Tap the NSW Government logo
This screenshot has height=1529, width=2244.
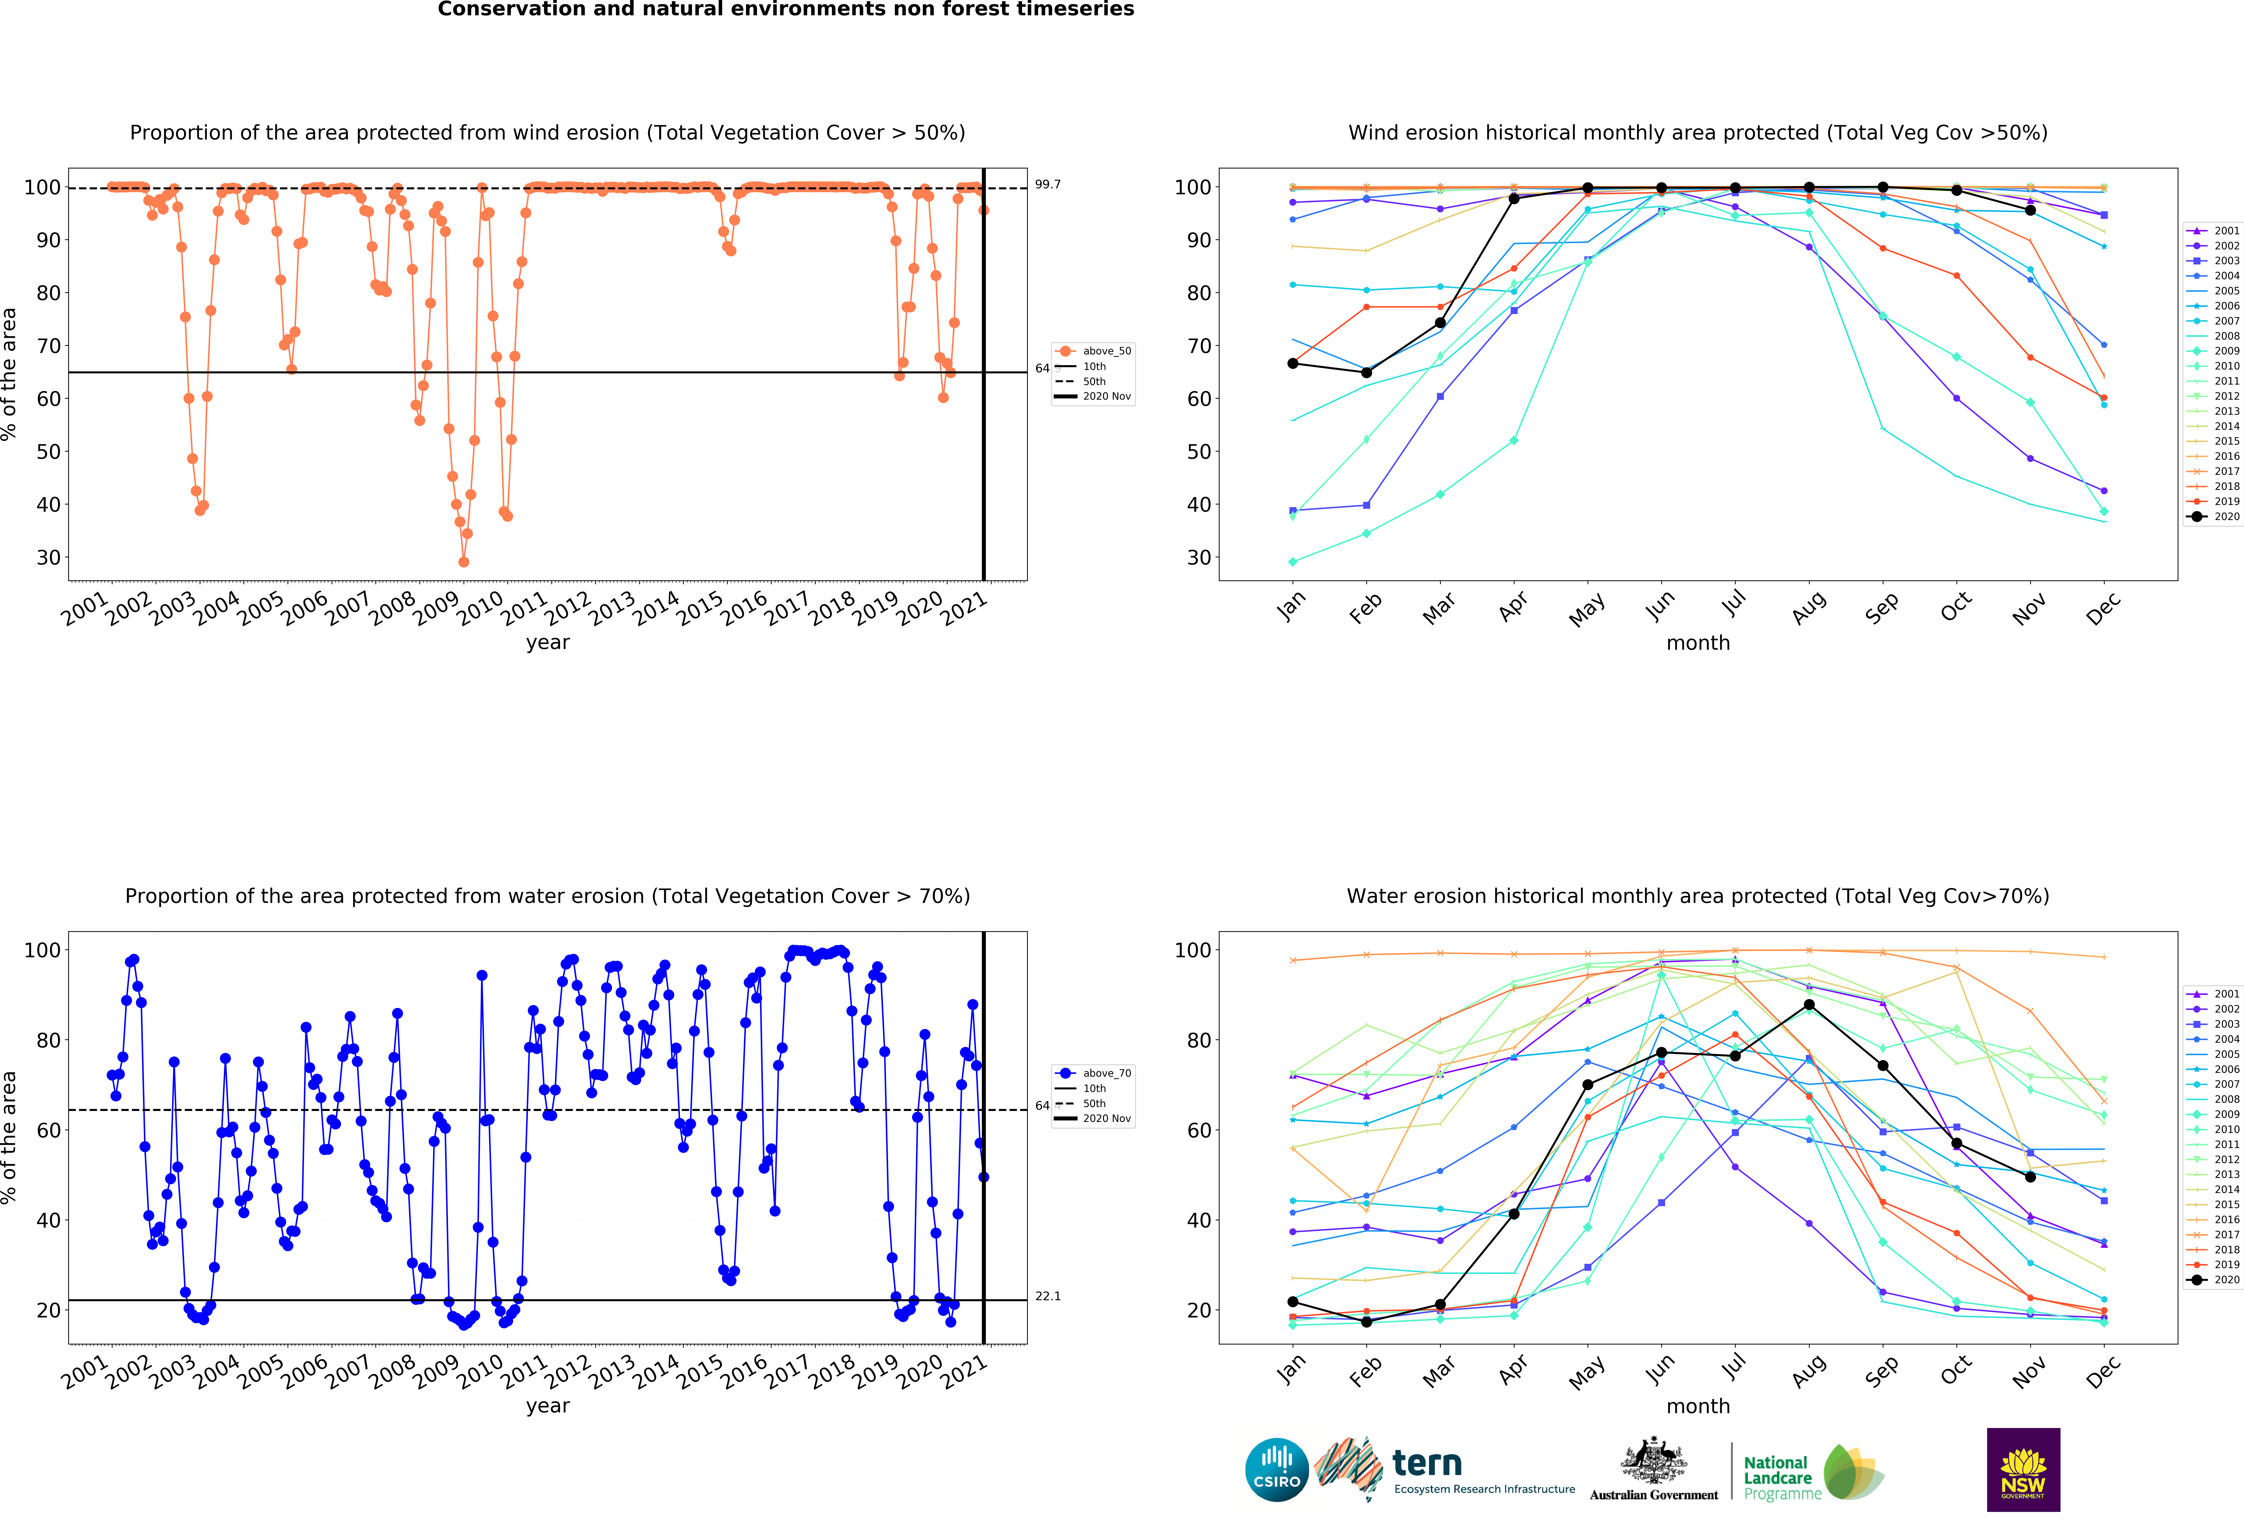click(2023, 1469)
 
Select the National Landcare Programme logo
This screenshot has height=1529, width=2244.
click(1813, 1477)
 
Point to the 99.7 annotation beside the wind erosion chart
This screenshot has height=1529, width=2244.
click(1048, 184)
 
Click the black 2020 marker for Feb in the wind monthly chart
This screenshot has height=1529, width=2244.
click(1366, 373)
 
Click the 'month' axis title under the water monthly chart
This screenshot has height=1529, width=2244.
click(1697, 1406)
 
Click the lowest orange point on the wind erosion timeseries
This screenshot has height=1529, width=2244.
click(463, 562)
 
